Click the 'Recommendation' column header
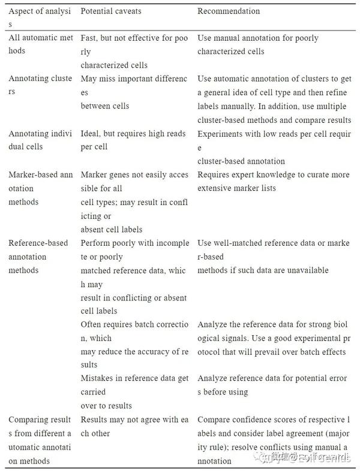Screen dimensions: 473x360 (x=229, y=11)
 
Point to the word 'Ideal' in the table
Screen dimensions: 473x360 (x=91, y=133)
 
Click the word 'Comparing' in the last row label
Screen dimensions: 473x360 (x=28, y=420)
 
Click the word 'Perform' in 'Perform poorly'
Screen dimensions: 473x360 (x=96, y=243)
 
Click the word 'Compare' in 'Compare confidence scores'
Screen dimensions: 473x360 (x=214, y=420)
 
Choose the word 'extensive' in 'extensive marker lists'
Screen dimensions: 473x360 (x=216, y=188)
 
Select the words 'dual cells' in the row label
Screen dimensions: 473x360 (x=25, y=147)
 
